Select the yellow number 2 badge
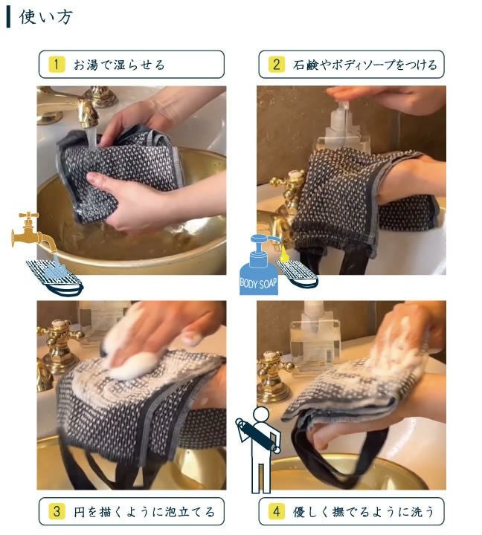276,65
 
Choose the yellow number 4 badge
276,512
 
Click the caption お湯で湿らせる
119,65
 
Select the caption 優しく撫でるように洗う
364,512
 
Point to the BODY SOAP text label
259,284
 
